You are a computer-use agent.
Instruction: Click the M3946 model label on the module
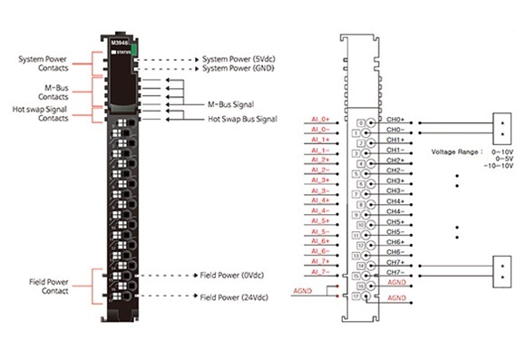pos(120,41)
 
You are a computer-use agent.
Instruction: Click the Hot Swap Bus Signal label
pos(241,119)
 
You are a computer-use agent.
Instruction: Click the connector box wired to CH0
pos(501,125)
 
